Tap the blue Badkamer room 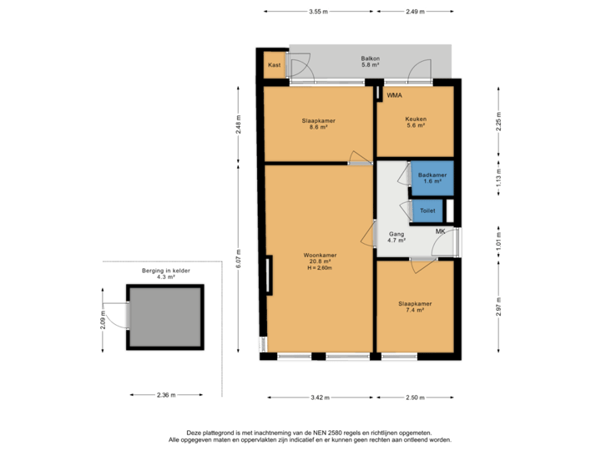pyautogui.click(x=432, y=177)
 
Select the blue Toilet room pyautogui.click(x=427, y=210)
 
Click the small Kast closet pyautogui.click(x=274, y=65)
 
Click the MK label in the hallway pyautogui.click(x=440, y=231)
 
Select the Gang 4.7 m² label pyautogui.click(x=396, y=238)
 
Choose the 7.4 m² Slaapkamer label pyautogui.click(x=416, y=307)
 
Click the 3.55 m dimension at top pyautogui.click(x=317, y=12)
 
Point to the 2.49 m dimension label pyautogui.click(x=416, y=12)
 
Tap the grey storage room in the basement pyautogui.click(x=164, y=317)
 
